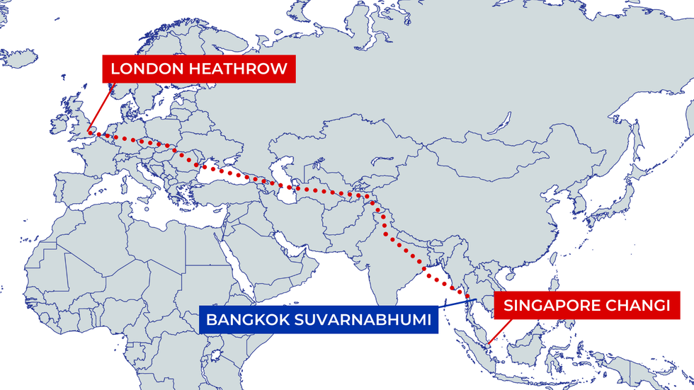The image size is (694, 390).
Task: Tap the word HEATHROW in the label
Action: pos(240,69)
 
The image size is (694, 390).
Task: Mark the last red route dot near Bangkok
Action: pos(468,296)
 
